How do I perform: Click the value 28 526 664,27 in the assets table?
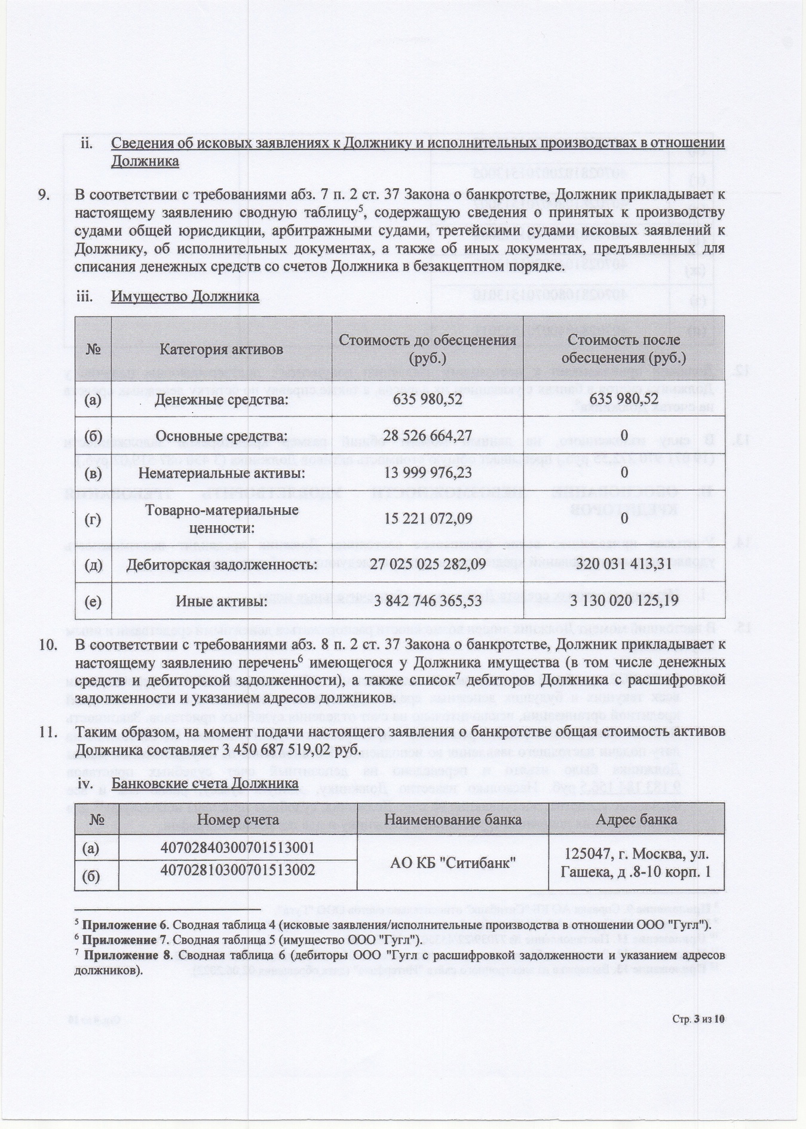427,435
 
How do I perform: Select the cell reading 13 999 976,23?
427,473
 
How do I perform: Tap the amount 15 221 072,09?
427,519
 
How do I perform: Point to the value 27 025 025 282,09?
427,564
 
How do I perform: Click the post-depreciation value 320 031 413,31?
624,564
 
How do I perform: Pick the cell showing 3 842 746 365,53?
427,601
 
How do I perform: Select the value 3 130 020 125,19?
624,601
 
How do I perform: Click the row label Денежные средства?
221,399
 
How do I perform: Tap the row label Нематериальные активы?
221,473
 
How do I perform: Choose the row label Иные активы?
221,601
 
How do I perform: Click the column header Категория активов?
221,349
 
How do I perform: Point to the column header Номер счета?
238,820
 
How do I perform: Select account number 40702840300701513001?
238,848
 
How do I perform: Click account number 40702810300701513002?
238,870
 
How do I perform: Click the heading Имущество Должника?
185,297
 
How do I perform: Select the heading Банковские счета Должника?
206,783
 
